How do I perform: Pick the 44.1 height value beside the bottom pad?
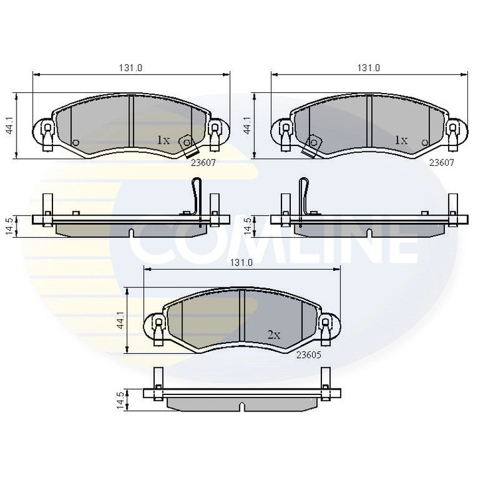click(x=120, y=320)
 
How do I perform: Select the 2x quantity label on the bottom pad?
click(x=274, y=335)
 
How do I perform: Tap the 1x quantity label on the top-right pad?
click(x=400, y=140)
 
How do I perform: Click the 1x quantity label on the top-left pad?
click(x=163, y=140)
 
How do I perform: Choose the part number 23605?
click(x=309, y=355)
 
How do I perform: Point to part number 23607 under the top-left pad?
click(x=203, y=161)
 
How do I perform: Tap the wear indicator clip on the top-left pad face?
click(x=189, y=146)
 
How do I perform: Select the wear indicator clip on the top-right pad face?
click(x=311, y=146)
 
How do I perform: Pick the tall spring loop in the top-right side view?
click(x=304, y=196)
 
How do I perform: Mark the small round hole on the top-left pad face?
click(x=75, y=142)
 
